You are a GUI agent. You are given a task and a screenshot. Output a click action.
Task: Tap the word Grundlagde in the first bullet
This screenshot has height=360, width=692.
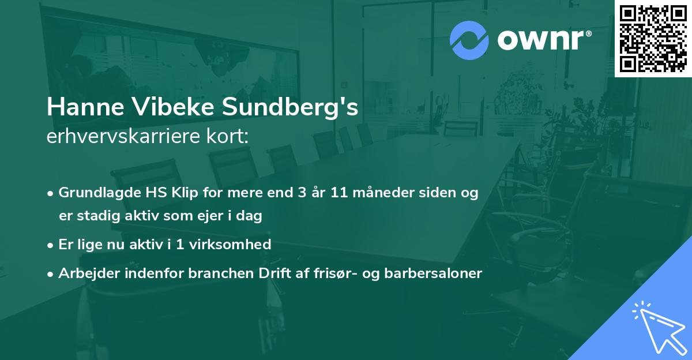pyautogui.click(x=95, y=193)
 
